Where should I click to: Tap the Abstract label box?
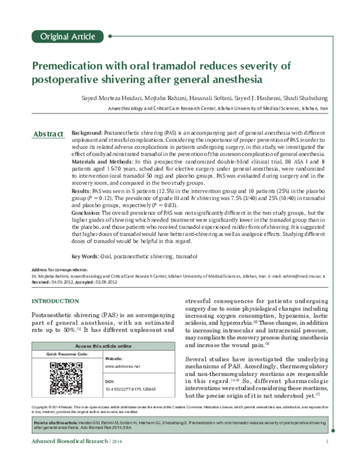point(48,133)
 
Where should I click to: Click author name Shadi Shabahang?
point(304,98)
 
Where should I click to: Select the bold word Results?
point(82,190)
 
